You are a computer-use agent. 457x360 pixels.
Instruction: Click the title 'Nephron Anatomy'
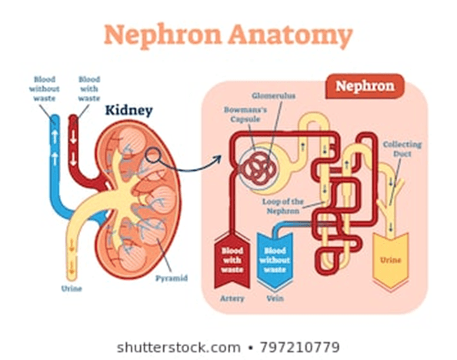(x=228, y=35)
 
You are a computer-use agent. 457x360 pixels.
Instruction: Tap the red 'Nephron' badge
(x=365, y=86)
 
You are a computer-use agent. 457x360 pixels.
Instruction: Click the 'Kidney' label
(x=128, y=111)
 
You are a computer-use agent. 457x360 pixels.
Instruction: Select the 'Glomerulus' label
(x=273, y=95)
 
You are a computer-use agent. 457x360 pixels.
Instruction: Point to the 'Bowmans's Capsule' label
(x=245, y=115)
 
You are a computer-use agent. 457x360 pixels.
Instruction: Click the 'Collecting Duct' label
(x=402, y=149)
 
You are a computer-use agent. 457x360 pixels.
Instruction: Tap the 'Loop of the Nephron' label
(x=282, y=206)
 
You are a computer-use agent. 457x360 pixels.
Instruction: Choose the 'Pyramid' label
(x=172, y=278)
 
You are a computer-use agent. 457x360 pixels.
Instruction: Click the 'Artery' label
(x=232, y=298)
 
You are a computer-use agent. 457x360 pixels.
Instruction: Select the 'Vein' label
(x=275, y=298)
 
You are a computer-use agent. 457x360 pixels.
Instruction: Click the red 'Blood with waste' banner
(x=232, y=260)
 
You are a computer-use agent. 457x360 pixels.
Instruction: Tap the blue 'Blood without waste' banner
(x=275, y=260)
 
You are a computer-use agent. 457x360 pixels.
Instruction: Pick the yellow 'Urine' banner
(x=391, y=259)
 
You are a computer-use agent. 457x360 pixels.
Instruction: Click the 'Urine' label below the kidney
(x=72, y=288)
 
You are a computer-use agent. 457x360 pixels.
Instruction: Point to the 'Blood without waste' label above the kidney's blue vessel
(x=45, y=88)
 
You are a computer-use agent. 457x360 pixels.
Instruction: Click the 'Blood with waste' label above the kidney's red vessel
(x=89, y=88)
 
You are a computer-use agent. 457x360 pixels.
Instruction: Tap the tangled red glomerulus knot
(x=259, y=168)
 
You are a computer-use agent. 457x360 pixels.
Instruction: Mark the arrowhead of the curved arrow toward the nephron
(x=218, y=159)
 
